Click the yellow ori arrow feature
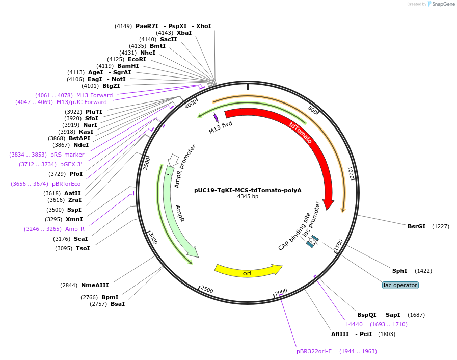coord(248,270)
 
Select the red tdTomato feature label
coord(301,133)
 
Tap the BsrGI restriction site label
coord(416,226)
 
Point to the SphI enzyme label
coord(399,271)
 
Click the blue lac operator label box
coord(400,285)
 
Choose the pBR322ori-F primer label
coord(314,351)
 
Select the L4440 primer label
coord(354,324)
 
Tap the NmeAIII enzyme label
coord(95,285)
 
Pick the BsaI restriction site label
coord(117,304)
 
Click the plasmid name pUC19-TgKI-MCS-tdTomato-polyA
coord(248,190)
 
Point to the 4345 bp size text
coord(248,197)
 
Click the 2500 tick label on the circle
coord(207,290)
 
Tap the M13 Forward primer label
coord(94,95)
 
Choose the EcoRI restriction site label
coord(137,59)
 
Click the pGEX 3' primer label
coord(71,164)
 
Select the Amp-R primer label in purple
coord(74,229)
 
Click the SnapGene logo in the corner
coord(441,4)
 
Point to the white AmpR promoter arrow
coord(173,159)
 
